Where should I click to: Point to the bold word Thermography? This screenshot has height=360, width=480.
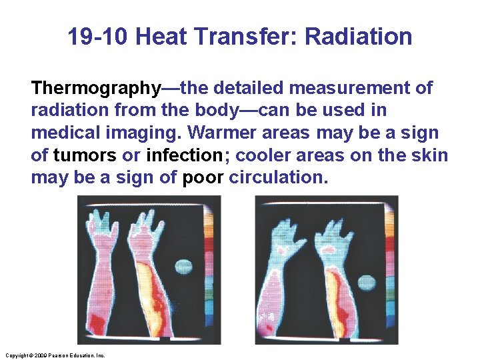tap(96, 88)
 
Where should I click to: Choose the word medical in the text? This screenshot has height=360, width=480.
tap(63, 133)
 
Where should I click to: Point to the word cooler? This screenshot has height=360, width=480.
tap(258, 155)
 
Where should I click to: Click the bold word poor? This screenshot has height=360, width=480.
tap(203, 178)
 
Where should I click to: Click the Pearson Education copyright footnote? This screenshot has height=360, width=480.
tap(54, 355)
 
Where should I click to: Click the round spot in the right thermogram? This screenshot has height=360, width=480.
tap(367, 281)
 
